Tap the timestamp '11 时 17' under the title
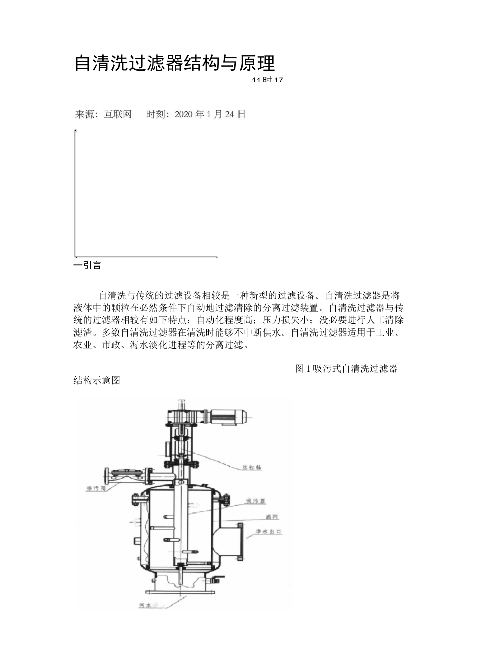(268, 80)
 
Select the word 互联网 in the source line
(117, 114)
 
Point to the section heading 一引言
(88, 265)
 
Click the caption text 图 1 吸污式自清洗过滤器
(346, 369)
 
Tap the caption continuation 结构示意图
(97, 380)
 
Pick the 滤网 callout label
(272, 517)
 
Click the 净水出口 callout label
(268, 532)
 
